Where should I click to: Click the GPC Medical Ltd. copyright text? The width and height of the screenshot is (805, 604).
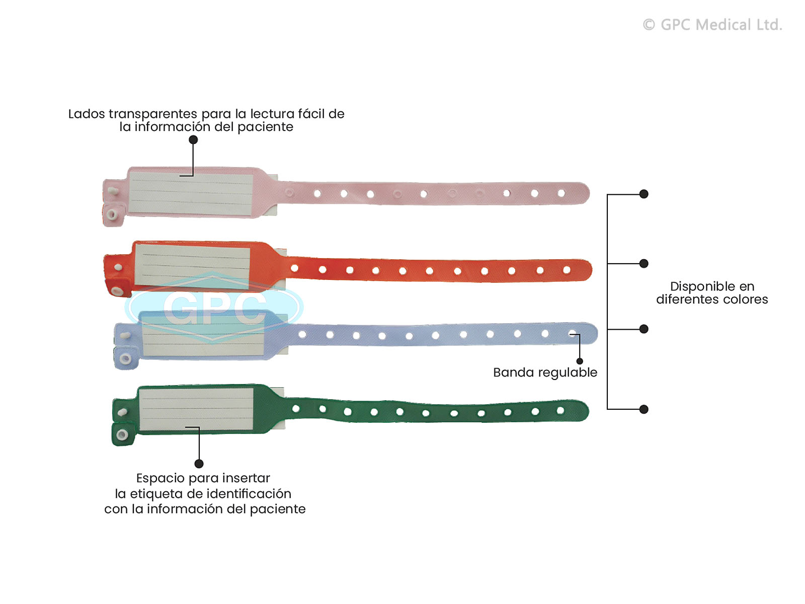click(x=712, y=25)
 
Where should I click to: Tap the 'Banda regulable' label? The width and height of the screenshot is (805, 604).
click(x=545, y=372)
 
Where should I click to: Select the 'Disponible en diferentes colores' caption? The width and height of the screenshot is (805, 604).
click(x=712, y=293)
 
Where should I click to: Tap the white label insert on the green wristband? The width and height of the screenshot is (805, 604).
click(x=196, y=409)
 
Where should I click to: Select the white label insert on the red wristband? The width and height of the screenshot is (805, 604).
click(x=192, y=266)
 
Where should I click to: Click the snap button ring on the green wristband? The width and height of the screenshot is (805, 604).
click(x=122, y=434)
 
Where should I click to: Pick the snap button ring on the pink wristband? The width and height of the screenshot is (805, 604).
click(x=112, y=215)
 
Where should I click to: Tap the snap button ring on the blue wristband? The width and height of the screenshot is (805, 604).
click(x=125, y=359)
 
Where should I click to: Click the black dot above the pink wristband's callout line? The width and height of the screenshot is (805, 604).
click(x=193, y=140)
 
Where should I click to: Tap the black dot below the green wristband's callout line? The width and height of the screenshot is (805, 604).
click(x=199, y=464)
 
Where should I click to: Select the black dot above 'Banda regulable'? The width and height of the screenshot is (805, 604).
click(x=580, y=361)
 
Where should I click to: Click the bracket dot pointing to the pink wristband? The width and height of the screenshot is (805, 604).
click(x=643, y=194)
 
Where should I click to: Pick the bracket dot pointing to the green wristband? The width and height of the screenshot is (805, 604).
click(x=643, y=409)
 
